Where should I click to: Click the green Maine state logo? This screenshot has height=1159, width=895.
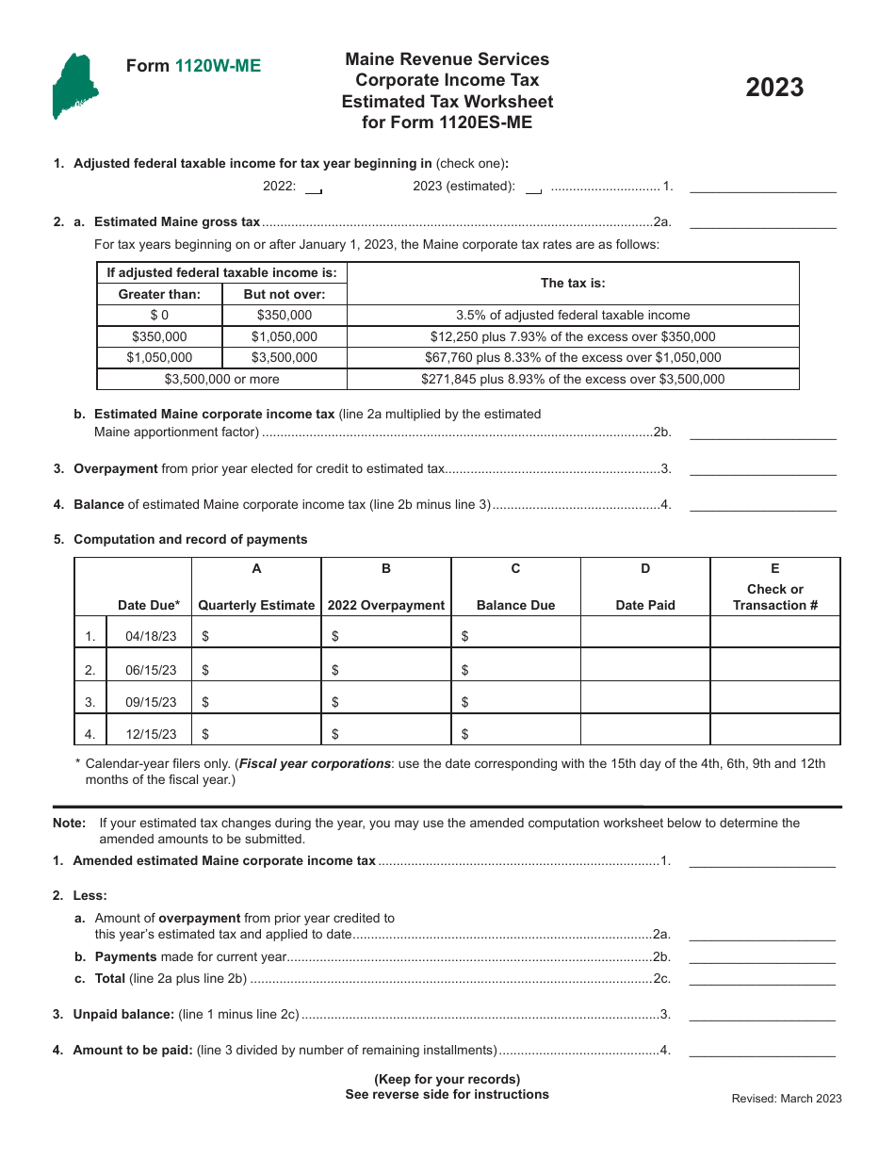(73, 87)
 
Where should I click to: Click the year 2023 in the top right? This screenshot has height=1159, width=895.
(774, 88)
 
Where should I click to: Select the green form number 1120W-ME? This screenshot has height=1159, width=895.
(218, 66)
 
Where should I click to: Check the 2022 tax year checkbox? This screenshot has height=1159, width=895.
(315, 188)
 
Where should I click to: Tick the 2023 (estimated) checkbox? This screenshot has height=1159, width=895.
(533, 188)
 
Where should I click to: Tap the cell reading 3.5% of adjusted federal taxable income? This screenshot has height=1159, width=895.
(573, 316)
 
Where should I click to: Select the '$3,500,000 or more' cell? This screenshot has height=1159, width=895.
(221, 379)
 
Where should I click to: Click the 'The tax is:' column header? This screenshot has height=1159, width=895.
(573, 283)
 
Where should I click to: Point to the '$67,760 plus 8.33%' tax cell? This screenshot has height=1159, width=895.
(573, 358)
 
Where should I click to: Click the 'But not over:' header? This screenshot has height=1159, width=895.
(284, 294)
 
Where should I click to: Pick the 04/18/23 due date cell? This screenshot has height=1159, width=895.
(151, 637)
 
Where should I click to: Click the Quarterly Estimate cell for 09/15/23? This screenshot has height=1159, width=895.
(256, 702)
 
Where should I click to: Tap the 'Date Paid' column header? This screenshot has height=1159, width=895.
(645, 605)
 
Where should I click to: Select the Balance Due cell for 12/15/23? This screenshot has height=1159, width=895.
(515, 734)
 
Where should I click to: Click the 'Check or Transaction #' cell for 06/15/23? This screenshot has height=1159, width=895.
(774, 670)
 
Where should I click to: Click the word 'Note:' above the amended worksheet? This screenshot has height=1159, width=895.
(70, 823)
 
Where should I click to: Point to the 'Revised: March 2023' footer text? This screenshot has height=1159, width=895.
(787, 1099)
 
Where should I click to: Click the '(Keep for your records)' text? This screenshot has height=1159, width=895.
(447, 1079)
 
